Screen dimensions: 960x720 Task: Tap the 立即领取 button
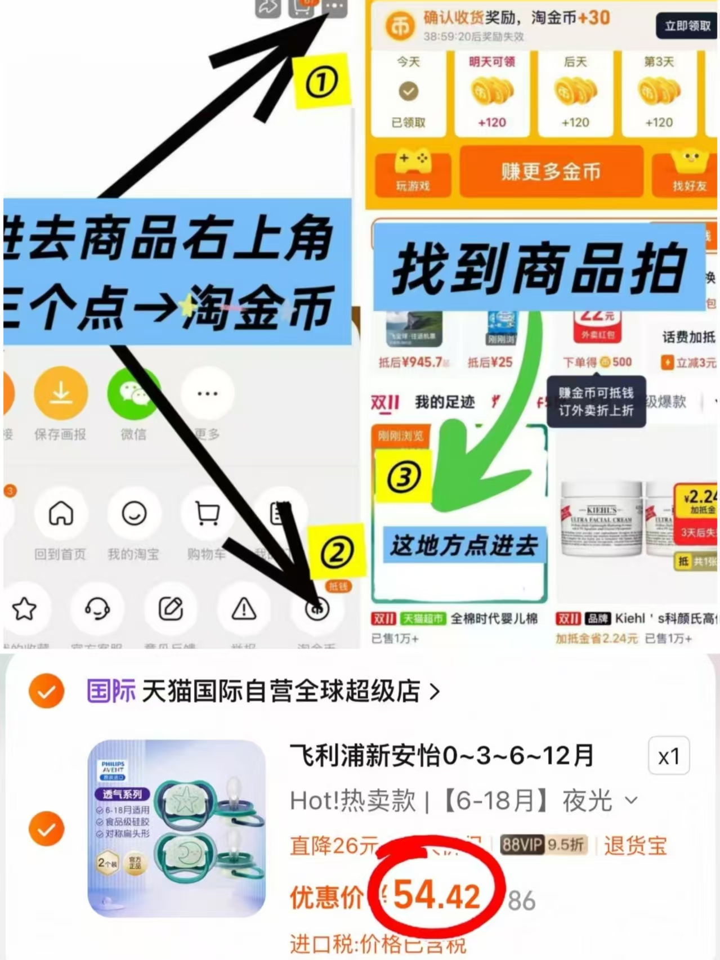click(x=687, y=26)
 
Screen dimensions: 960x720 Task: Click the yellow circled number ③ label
click(x=404, y=477)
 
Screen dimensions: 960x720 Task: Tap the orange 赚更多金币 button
click(x=551, y=172)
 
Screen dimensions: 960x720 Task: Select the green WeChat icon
click(x=133, y=393)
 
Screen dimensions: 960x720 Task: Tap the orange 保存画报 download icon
click(x=61, y=393)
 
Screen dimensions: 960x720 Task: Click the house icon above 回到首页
click(x=61, y=513)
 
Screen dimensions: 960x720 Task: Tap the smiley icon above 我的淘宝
click(x=134, y=513)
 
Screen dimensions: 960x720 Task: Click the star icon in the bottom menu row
click(x=25, y=609)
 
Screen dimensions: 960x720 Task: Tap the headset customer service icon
click(x=97, y=609)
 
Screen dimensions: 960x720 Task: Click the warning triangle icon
click(x=244, y=609)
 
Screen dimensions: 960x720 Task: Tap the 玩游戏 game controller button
click(x=413, y=172)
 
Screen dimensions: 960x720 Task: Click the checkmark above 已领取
click(x=409, y=91)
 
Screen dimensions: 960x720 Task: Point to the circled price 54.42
click(x=437, y=895)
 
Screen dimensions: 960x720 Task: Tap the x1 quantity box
click(x=668, y=756)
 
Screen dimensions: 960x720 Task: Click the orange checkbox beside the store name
click(x=47, y=691)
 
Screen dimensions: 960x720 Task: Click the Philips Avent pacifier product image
click(x=177, y=828)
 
